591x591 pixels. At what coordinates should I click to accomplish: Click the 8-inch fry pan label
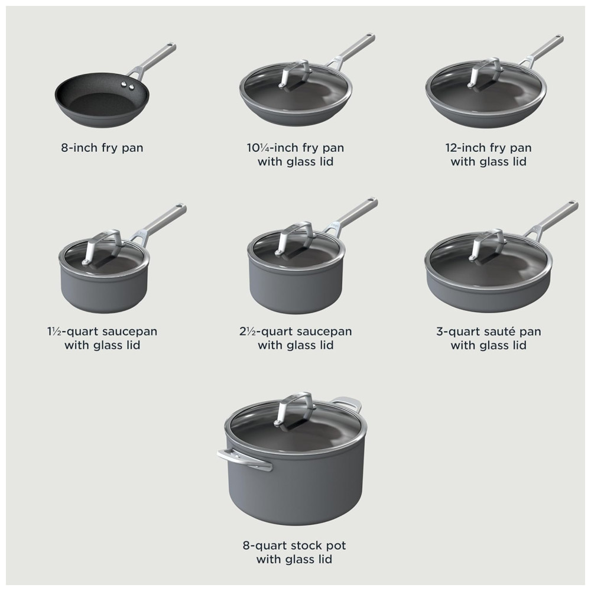click(x=102, y=147)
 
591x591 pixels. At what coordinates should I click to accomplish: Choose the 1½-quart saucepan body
click(x=103, y=287)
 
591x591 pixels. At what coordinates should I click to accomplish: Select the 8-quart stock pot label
click(x=294, y=552)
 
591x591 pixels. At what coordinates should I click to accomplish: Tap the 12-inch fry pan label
click(x=489, y=154)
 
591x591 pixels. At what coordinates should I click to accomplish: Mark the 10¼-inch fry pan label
click(x=295, y=154)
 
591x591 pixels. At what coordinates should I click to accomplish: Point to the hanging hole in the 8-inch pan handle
click(x=171, y=46)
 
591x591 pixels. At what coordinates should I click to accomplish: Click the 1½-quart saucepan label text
click(x=102, y=338)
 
